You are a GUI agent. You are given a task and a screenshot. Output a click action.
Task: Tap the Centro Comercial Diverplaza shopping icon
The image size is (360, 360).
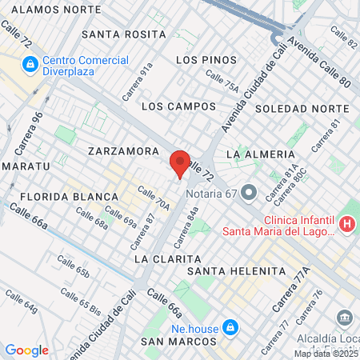pos(30,63)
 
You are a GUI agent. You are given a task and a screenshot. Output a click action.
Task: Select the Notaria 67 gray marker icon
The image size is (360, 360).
pos(248,192)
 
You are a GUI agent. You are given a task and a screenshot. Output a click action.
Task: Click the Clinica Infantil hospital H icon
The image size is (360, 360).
pos(346,223)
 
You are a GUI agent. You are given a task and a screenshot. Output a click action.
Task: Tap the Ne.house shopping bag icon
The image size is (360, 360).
pos(230,327)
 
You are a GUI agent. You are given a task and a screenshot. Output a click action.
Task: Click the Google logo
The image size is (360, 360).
pos(26,350)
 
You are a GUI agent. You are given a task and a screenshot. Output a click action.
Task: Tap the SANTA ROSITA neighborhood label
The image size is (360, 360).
pos(123,34)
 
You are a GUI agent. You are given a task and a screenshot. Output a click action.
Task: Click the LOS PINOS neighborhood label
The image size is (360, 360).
pos(206,60)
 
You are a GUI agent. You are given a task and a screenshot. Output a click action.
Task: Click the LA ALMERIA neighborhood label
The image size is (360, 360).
pos(261,153)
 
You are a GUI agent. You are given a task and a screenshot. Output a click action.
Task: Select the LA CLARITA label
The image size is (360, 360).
pos(165,259)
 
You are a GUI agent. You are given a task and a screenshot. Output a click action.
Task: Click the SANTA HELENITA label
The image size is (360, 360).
pos(235,271)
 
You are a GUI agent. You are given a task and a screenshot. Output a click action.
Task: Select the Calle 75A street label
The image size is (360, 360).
pos(222,80)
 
